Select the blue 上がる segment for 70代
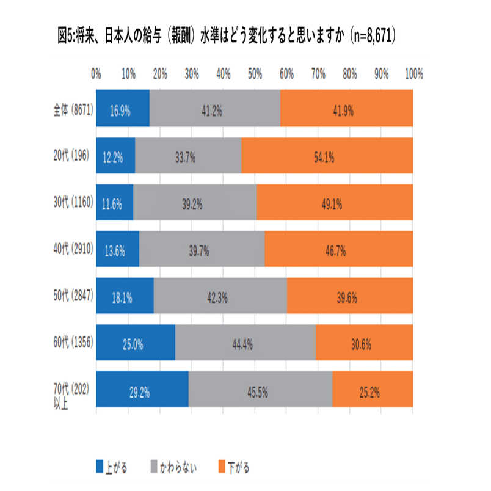point(142,389)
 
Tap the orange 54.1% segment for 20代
point(327,157)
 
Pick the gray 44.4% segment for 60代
point(245,343)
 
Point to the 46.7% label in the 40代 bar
point(338,250)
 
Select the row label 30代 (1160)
point(71,203)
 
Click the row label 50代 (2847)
point(71,296)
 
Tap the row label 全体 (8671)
point(72,111)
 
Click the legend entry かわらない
point(180,468)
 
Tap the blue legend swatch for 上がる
point(101,468)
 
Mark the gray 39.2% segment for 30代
point(195,203)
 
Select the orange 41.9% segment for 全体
point(346,111)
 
